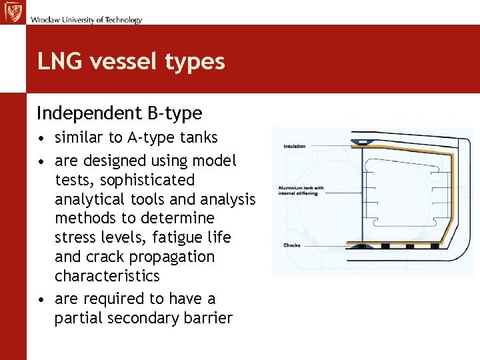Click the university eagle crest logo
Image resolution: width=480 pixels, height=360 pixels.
click(x=12, y=12)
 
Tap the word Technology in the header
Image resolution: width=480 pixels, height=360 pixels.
click(x=123, y=20)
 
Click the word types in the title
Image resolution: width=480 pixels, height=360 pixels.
click(x=197, y=62)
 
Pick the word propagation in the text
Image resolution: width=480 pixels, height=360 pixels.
click(x=171, y=257)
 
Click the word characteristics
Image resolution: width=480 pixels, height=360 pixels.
click(x=107, y=276)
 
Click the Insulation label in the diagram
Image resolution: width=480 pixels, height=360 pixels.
click(x=295, y=147)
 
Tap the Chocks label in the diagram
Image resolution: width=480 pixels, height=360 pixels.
click(x=292, y=245)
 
